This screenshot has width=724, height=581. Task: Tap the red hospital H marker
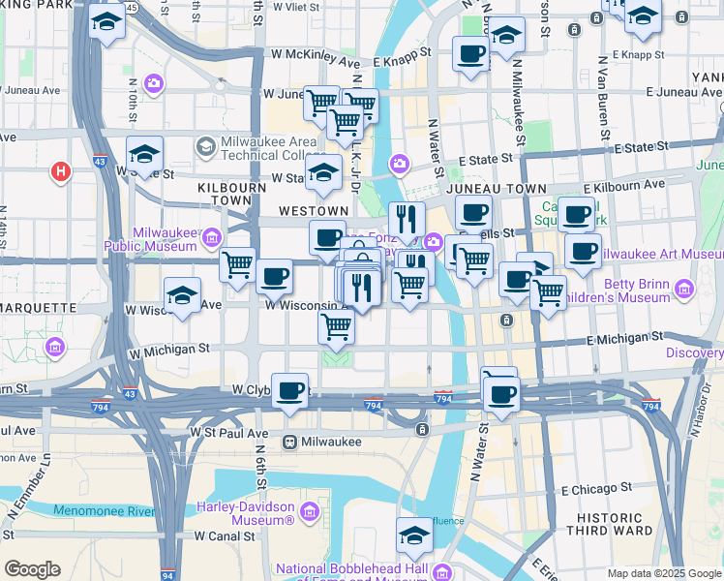pos(61,172)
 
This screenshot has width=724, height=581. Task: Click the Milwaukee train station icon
pos(288,442)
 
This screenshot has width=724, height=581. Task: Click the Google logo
pos(31,569)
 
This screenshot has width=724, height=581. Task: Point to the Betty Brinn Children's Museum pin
pos(685,289)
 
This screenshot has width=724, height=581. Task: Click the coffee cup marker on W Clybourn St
pos(290,391)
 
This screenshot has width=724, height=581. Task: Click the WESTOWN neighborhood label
pos(313,210)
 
